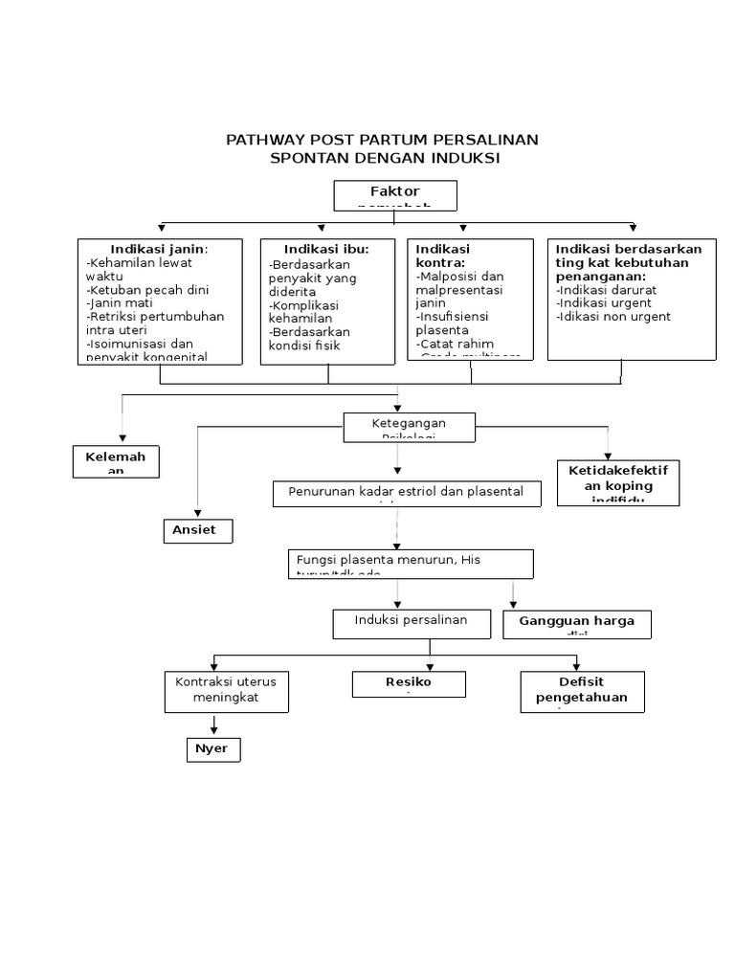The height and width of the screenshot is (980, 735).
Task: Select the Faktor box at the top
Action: (394, 195)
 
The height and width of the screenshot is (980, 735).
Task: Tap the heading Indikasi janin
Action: (159, 249)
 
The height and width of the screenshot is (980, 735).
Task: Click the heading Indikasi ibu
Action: (326, 249)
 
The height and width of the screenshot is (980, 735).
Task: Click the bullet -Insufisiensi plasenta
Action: (455, 323)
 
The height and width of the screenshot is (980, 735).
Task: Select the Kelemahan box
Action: (116, 461)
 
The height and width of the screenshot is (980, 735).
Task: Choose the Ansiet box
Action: (196, 530)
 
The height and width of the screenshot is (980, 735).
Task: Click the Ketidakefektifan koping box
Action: (618, 481)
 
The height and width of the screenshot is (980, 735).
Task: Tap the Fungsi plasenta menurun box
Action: (411, 563)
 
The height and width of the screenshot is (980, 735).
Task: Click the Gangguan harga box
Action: (576, 624)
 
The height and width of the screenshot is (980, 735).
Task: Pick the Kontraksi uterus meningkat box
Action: (226, 690)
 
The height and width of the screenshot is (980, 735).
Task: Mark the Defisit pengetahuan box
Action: (581, 691)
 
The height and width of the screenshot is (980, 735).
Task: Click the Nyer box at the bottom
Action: (212, 749)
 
